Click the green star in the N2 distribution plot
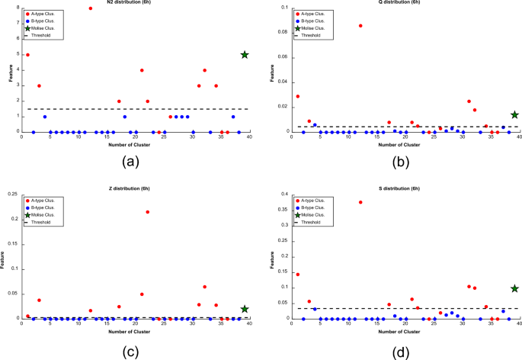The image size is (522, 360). (245, 55)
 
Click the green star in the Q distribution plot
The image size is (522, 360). (514, 114)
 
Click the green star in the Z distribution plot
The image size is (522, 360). (245, 309)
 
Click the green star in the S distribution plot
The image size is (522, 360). (514, 288)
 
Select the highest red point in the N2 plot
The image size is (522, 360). (91, 8)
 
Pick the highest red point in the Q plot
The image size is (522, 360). (360, 26)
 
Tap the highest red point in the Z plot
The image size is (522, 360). (147, 212)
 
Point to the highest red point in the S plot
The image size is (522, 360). (360, 202)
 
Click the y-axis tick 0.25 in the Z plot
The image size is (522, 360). (11, 194)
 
